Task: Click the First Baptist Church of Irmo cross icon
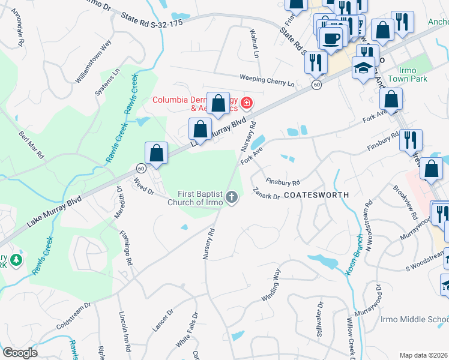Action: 232,197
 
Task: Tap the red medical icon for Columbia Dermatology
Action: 245,104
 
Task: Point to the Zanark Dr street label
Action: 267,193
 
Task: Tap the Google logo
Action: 20,353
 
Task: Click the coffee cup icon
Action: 330,39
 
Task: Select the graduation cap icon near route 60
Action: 363,68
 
